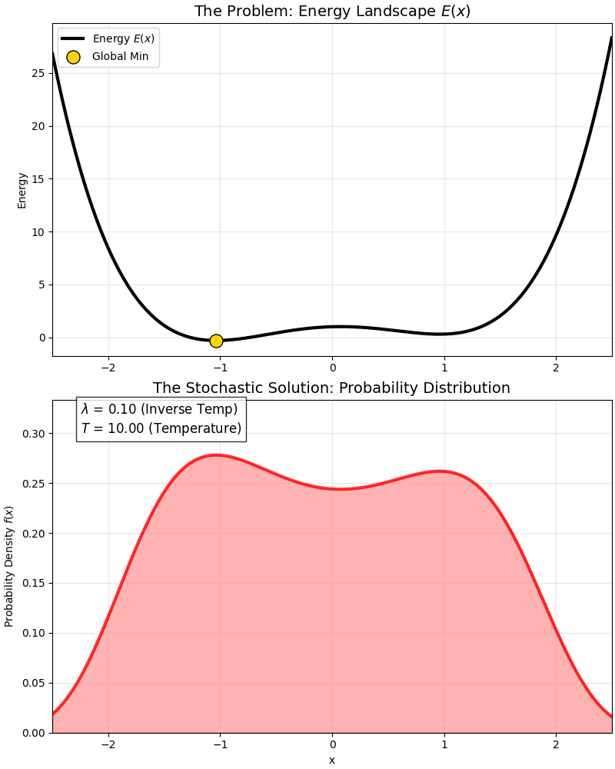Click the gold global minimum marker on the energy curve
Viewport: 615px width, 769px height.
pyautogui.click(x=216, y=341)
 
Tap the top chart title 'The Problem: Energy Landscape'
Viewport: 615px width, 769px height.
pyautogui.click(x=332, y=12)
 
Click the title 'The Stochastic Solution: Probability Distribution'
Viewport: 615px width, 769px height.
pyautogui.click(x=331, y=388)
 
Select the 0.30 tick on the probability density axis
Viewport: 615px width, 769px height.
pyautogui.click(x=35, y=434)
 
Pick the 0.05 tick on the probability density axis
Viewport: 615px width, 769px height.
pyautogui.click(x=35, y=683)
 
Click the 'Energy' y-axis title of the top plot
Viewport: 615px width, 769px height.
pyautogui.click(x=22, y=190)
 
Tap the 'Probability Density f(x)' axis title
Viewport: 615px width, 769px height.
pyautogui.click(x=9, y=566)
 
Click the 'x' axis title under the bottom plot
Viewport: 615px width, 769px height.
pyautogui.click(x=332, y=760)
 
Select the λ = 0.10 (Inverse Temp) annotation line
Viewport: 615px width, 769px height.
pyautogui.click(x=160, y=409)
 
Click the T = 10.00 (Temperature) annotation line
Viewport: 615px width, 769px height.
pyautogui.click(x=161, y=428)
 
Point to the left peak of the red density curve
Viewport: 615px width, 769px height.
pyautogui.click(x=217, y=454)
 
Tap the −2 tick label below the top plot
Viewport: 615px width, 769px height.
pyautogui.click(x=108, y=368)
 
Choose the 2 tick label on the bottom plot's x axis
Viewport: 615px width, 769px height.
pyautogui.click(x=556, y=744)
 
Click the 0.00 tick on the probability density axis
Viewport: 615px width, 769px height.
pyautogui.click(x=35, y=733)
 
